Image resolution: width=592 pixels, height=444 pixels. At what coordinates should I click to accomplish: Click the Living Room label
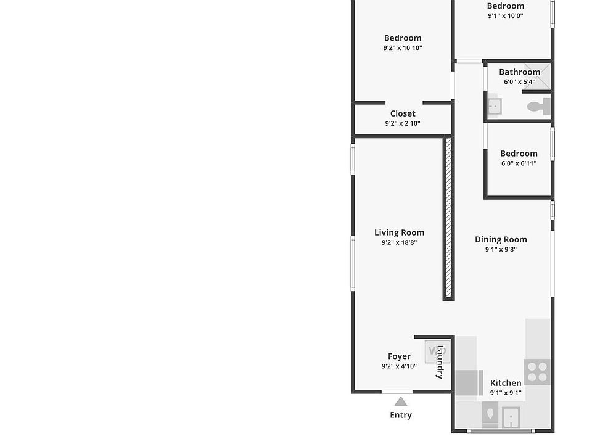(399, 232)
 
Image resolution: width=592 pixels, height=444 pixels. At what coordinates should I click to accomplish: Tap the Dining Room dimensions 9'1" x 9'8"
(501, 249)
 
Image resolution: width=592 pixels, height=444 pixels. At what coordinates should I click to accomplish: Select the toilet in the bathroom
(539, 107)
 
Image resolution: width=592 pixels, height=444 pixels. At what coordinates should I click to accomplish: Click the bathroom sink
(495, 106)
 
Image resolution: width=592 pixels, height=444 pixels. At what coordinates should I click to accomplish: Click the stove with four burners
(537, 371)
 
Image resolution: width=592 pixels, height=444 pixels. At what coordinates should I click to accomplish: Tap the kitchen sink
(511, 417)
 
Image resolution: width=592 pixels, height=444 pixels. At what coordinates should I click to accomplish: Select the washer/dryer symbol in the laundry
(437, 351)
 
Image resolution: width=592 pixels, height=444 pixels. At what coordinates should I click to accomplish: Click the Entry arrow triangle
(401, 401)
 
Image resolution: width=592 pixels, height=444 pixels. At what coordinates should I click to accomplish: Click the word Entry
(401, 415)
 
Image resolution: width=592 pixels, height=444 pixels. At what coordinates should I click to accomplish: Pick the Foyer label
(399, 356)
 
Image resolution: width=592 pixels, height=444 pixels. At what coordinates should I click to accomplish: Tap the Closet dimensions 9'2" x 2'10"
(403, 123)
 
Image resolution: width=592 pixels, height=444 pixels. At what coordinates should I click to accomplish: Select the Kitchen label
(506, 383)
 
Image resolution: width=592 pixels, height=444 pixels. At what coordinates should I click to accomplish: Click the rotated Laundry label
(440, 362)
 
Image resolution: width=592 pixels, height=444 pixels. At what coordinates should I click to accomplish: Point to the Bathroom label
(519, 72)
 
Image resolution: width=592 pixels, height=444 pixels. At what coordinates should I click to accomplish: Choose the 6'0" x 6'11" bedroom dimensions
(519, 163)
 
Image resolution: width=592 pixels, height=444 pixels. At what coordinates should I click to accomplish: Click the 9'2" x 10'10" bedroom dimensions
(403, 47)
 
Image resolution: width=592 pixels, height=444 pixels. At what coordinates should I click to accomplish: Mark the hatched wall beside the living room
(448, 218)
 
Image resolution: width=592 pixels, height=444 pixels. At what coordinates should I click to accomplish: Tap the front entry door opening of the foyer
(397, 392)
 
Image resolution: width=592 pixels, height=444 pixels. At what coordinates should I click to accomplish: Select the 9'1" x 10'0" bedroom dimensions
(506, 15)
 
